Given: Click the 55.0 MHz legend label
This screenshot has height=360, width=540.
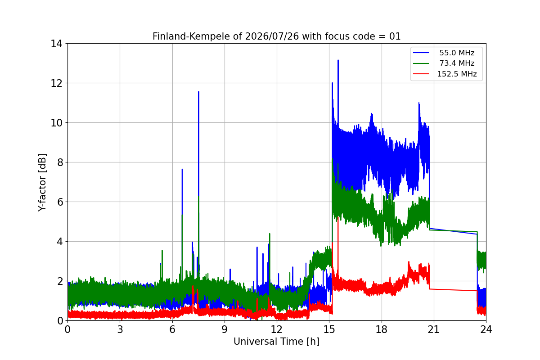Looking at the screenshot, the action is pos(457,53).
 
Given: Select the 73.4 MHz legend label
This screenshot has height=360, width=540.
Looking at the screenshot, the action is pos(457,63).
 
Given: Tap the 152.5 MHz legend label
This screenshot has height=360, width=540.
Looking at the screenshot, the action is pos(457,74).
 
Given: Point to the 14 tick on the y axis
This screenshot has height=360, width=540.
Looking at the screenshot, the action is pos(56,44).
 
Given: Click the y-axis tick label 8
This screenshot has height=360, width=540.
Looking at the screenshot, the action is pos(60,162).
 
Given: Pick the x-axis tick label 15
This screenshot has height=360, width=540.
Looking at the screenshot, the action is pos(329,329).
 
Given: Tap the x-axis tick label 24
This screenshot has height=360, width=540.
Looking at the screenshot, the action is pos(486,329).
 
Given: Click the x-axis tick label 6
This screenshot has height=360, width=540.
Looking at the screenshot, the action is pos(172,329).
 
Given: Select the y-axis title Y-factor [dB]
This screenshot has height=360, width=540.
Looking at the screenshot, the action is pos(42,182).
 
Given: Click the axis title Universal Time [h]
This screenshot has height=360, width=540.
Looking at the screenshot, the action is pos(276,342).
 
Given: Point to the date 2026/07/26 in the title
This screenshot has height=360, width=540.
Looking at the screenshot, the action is pos(272,36).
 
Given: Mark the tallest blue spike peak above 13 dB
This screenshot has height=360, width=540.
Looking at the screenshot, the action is pos(338,60).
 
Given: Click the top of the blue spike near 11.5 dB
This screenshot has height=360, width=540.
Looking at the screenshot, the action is pos(198,92).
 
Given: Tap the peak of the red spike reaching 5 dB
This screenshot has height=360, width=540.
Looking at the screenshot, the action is pos(338,217).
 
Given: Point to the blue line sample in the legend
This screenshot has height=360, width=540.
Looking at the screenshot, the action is pos(421,53).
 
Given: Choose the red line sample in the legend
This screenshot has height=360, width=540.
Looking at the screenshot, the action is pos(421,74).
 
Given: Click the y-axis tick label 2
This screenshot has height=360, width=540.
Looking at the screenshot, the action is pos(60,281).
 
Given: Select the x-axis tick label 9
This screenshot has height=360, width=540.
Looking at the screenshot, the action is pos(225,329).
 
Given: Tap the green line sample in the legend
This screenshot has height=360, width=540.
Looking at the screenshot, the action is pos(421,63).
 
